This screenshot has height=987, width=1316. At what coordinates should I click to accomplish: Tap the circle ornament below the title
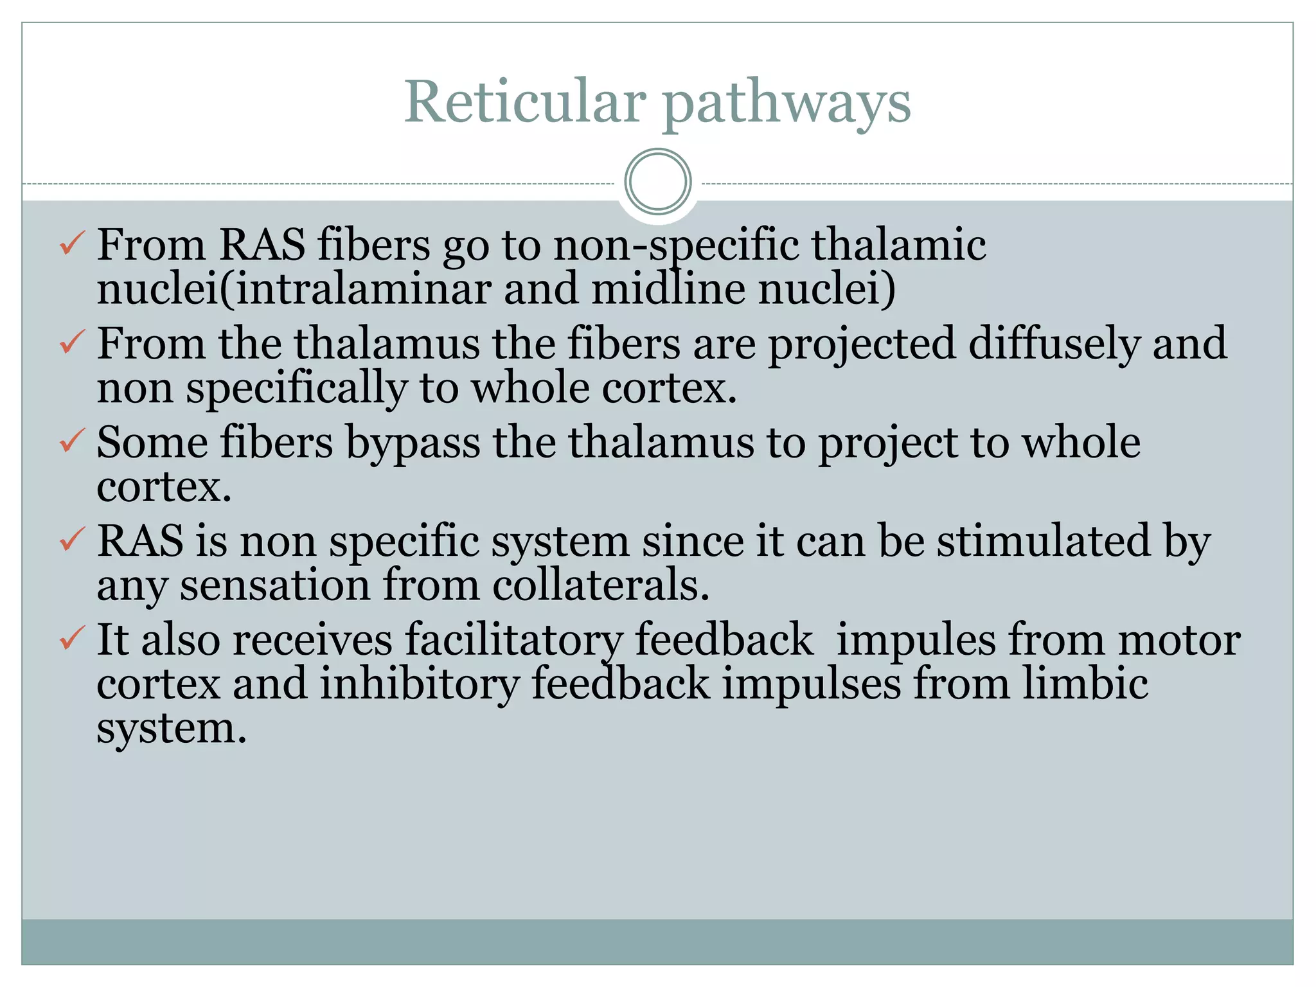point(657,182)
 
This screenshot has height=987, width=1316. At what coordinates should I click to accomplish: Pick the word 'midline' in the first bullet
point(668,289)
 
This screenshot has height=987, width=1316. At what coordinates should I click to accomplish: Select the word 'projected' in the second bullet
point(862,344)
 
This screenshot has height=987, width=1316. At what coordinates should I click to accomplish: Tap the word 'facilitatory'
point(513,640)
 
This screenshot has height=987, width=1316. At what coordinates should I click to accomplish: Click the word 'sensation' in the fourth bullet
point(274,585)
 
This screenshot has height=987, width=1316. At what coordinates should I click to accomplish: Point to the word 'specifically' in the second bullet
point(296,389)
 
